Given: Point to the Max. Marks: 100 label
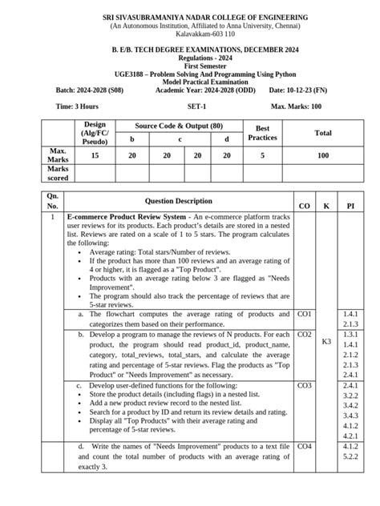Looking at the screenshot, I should (x=297, y=106).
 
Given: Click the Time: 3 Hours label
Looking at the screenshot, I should (x=76, y=106).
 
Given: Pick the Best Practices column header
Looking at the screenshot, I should (x=262, y=132).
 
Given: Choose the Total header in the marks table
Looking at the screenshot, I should (x=323, y=133).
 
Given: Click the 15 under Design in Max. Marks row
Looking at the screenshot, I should (x=95, y=155).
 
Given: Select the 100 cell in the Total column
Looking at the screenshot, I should (x=323, y=155).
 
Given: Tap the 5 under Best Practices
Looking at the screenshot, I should (x=262, y=155).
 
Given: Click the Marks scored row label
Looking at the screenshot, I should (x=58, y=174).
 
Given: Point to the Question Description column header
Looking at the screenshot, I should (x=179, y=202).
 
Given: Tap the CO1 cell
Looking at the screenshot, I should (x=305, y=315).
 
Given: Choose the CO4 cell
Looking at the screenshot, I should (x=305, y=445).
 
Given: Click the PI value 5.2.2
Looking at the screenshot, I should (x=350, y=456).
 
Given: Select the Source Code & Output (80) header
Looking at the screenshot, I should (x=179, y=126).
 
